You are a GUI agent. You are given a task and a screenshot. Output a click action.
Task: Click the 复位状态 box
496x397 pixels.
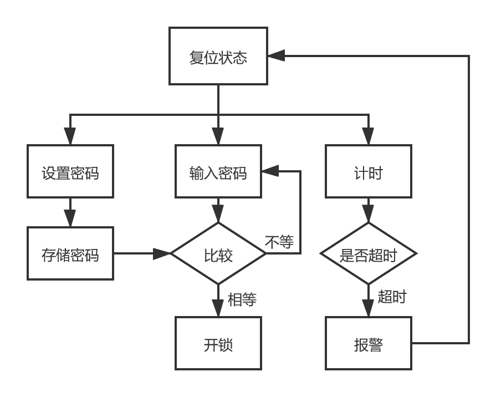pos(218,56)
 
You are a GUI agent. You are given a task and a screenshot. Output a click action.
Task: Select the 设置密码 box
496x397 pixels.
pos(70,172)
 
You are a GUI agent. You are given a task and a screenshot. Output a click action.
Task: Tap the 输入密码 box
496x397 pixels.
pos(218,172)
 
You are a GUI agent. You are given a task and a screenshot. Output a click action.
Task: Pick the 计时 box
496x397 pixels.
pos(368,172)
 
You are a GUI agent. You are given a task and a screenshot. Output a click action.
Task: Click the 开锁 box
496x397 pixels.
pos(218,344)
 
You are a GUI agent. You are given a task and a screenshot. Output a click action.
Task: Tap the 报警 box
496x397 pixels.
pos(368,344)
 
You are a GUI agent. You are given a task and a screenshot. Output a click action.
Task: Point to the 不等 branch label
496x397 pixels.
pos(279,242)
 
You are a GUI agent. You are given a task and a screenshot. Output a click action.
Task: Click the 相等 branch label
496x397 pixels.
pos(242,300)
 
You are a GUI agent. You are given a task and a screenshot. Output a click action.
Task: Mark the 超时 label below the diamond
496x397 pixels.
pos(392,297)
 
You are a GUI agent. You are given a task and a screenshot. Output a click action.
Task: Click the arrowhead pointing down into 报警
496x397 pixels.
pos(368,308)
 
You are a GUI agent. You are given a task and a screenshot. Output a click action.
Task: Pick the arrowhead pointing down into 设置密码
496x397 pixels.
pos(70,136)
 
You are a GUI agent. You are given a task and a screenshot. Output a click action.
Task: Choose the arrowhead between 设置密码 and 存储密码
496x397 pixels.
pos(70,218)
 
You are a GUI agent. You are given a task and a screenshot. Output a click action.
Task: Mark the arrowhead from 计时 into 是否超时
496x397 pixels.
pos(368,215)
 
